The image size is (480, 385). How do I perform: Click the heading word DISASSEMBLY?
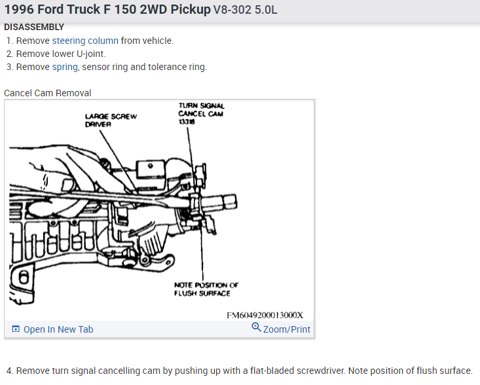point(34,27)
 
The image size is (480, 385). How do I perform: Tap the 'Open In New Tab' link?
point(58,329)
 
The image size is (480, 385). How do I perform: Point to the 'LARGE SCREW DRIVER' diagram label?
point(111,120)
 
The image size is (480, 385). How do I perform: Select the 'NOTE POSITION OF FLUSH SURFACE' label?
point(206,289)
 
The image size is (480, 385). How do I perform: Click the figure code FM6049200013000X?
point(269,315)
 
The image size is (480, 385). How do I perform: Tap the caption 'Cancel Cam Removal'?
point(48,93)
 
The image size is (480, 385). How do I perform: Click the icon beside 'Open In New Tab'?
point(16,329)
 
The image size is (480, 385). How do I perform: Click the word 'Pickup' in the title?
point(190,10)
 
